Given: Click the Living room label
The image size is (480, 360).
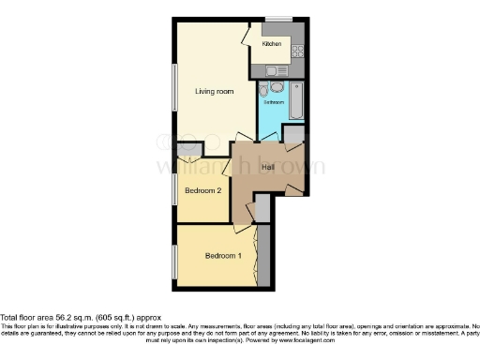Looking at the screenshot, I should (213, 91).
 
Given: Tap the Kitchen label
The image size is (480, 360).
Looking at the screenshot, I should (272, 44).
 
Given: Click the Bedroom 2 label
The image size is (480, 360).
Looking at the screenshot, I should (202, 191).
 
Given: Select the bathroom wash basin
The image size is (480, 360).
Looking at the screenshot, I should (277, 86).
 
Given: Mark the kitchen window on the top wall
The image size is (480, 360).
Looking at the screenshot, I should (277, 20).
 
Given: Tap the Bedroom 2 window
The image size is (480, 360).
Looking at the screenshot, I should (175, 188).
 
